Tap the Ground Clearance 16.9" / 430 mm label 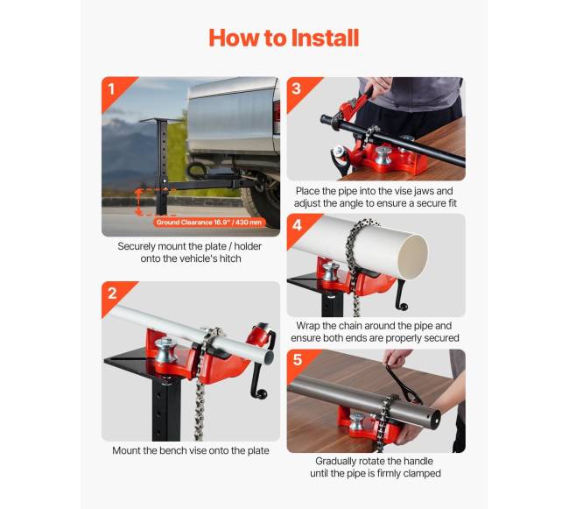(209, 223)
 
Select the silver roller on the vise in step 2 (166, 350)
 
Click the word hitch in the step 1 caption (230, 258)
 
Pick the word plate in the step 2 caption (258, 450)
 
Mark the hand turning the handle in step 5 (397, 358)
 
